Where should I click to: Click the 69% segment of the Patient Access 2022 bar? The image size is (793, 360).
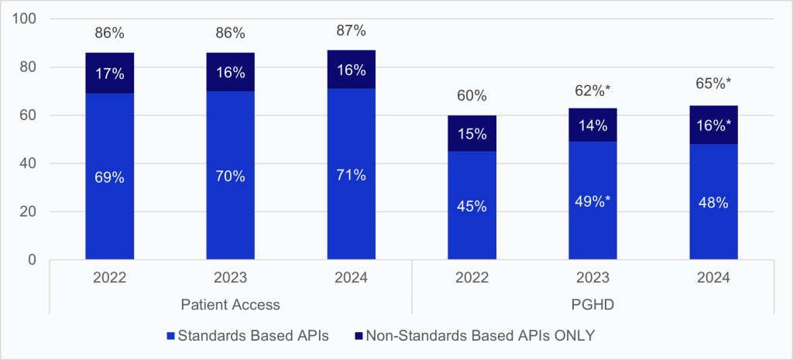(108, 177)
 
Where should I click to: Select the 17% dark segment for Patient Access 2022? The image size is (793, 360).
(108, 73)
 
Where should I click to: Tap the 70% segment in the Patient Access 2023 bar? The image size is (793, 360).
(230, 177)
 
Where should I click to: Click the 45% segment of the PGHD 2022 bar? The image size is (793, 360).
(472, 206)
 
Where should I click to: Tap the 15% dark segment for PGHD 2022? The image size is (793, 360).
(472, 133)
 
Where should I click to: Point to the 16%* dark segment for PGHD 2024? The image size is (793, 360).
(714, 124)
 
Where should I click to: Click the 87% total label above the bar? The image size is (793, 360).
(351, 32)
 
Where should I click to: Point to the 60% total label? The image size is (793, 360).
(472, 96)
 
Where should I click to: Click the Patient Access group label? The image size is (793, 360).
(230, 305)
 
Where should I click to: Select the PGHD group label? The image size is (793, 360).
(593, 305)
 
